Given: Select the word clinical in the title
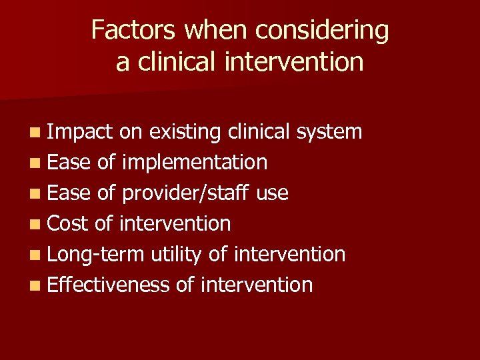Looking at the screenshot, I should (175, 62).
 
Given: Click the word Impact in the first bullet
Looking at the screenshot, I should (81, 132).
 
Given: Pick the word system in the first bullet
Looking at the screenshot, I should (329, 133).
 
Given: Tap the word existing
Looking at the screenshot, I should (185, 133).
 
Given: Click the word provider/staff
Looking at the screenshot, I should (185, 193).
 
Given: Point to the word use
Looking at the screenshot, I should (272, 194).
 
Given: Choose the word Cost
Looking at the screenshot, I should (68, 223).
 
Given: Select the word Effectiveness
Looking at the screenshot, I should (109, 285).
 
